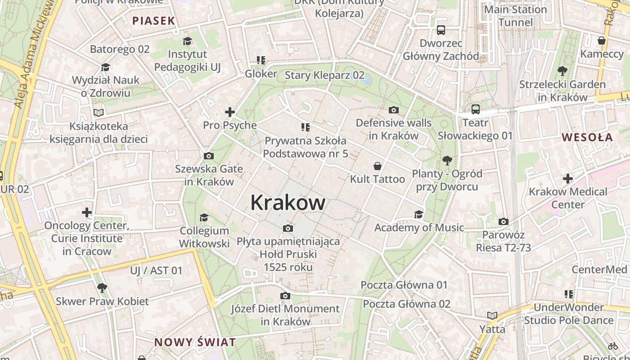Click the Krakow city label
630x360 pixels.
[288, 202]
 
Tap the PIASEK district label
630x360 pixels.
[153, 20]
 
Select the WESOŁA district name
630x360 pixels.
[587, 137]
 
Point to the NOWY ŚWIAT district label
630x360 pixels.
[195, 342]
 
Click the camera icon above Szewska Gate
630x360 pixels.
[209, 156]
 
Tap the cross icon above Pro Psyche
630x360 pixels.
[230, 112]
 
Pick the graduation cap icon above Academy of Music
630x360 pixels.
[419, 214]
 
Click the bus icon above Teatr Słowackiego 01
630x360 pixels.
[476, 109]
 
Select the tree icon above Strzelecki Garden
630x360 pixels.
[562, 71]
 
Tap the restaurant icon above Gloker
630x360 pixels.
[261, 60]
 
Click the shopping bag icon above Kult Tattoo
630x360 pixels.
[378, 166]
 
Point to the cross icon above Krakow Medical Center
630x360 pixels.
[568, 179]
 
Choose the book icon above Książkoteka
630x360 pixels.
[99, 112]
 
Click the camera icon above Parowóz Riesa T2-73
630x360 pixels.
[504, 221]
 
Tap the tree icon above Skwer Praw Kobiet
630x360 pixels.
[102, 288]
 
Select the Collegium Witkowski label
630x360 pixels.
[204, 237]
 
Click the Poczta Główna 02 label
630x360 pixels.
[406, 304]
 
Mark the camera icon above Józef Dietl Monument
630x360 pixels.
[285, 296]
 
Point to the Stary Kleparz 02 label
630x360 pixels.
[324, 75]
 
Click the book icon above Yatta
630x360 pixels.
[492, 316]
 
